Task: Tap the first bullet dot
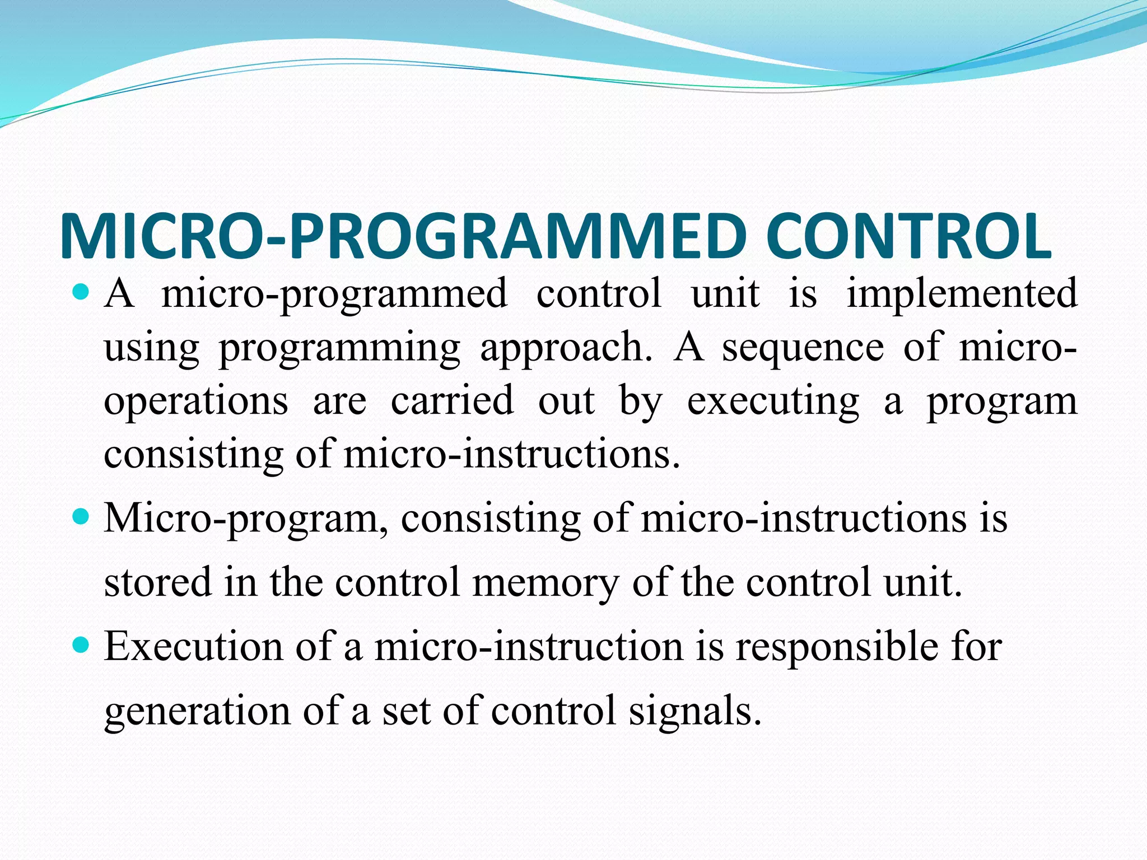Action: coord(82,292)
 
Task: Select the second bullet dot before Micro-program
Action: coord(82,516)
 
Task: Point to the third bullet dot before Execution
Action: coord(82,646)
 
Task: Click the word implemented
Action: coord(962,293)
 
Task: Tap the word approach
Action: coord(566,348)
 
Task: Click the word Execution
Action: coord(194,646)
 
